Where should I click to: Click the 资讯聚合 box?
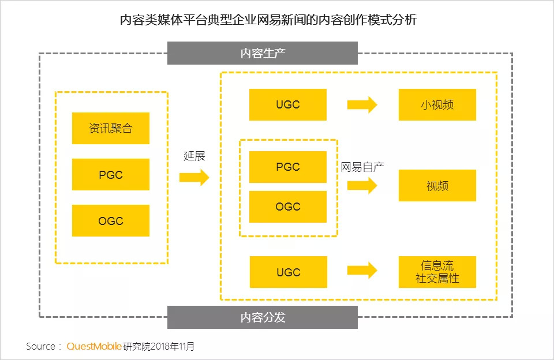(110, 128)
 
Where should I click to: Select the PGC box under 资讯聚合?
(110, 174)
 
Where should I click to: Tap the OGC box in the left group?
(110, 220)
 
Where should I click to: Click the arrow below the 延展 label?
(194, 177)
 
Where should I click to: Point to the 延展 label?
(194, 156)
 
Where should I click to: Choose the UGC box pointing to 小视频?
(287, 104)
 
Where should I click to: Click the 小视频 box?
(437, 104)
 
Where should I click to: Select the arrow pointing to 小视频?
(362, 104)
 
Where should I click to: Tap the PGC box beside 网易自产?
(287, 167)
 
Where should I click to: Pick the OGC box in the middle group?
(287, 207)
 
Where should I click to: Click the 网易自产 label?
(362, 167)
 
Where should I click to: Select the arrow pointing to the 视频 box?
(362, 185)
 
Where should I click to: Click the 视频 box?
(437, 185)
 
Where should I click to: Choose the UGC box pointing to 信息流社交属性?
(287, 272)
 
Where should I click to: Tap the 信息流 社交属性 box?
(437, 272)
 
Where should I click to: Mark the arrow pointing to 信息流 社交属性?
(362, 270)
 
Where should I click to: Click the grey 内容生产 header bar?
(263, 54)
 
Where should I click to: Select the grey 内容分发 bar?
(263, 317)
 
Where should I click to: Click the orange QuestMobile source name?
(94, 347)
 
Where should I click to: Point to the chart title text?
(268, 20)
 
